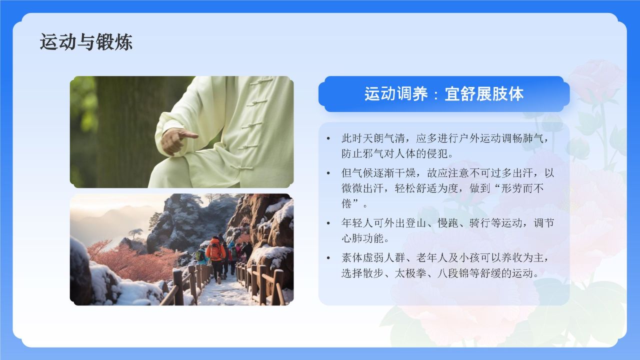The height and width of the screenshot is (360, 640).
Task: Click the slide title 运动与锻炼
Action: coord(86,42)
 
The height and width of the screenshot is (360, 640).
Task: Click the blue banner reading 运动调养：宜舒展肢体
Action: coord(443,94)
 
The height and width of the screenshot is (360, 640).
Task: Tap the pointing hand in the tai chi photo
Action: coord(178,138)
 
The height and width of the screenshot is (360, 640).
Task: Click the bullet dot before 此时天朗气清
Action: coord(328,138)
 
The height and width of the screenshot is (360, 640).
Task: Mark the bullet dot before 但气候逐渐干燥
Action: coord(328,173)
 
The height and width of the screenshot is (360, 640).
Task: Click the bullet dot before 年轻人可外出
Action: coord(328,223)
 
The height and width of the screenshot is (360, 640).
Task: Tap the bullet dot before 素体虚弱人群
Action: coord(328,258)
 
